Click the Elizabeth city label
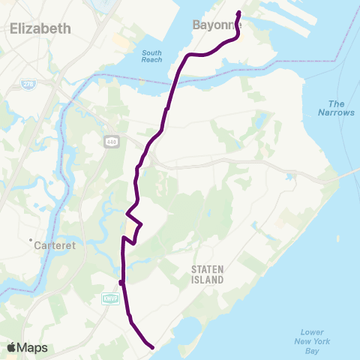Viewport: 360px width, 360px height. click(40, 28)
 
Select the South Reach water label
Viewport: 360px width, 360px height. click(151, 57)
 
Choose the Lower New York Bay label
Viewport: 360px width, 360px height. click(311, 341)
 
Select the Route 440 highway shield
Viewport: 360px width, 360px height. click(111, 140)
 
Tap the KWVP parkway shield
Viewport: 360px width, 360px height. click(110, 298)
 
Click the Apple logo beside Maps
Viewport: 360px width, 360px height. click(10, 347)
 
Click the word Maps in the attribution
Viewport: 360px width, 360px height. click(32, 347)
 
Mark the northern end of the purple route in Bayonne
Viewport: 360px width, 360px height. click(239, 13)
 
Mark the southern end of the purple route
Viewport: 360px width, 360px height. click(152, 347)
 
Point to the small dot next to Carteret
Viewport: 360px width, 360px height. click(31, 241)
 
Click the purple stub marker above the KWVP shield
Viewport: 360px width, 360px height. click(121, 282)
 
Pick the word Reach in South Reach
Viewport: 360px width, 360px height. click(151, 61)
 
